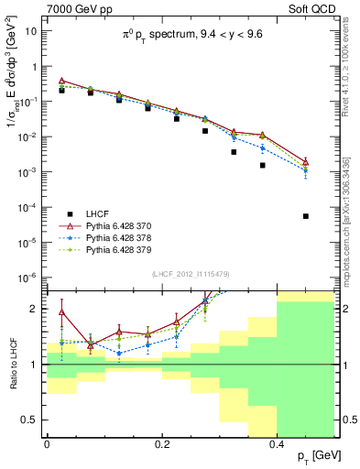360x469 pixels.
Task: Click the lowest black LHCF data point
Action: (306, 216)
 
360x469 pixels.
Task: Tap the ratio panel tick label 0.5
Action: (30, 420)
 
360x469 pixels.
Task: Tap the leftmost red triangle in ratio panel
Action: (61, 312)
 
